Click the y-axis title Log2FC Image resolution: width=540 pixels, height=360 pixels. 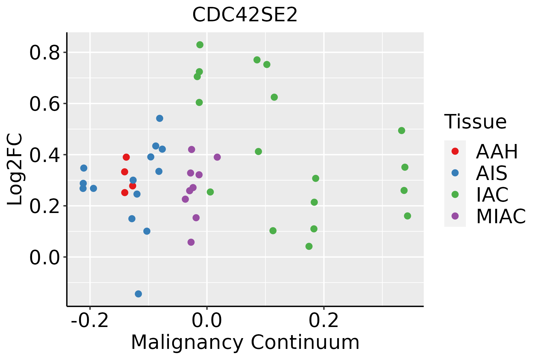pos(15,169)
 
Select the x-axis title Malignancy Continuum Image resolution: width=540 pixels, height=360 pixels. pos(245,342)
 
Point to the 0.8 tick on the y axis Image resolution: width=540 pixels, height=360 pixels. pos(44,53)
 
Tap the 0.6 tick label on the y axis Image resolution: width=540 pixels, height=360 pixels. pos(44,104)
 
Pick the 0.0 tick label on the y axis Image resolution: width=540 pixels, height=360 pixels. pos(44,257)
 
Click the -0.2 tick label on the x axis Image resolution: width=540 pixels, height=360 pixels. pos(89,320)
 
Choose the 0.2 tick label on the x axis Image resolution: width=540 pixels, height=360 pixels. pos(324,320)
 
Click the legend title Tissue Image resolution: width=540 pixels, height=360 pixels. pos(475,122)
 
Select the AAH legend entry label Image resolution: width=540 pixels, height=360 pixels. pos(497,151)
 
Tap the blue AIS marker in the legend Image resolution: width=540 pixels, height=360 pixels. pos(455,173)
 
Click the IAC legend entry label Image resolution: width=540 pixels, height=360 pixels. pos(492,194)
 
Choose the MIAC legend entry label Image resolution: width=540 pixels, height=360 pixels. pos(501,216)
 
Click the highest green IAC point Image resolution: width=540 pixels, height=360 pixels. pos(200,45)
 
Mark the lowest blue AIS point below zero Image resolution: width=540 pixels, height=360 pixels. pos(138,294)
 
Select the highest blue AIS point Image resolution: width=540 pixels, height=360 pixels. pos(160,118)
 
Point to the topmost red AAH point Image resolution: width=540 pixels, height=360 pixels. pos(126,157)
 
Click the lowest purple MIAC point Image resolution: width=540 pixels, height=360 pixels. pos(191,242)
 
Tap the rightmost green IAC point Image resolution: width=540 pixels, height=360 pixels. pos(407,216)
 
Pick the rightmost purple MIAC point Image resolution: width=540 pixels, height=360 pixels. pos(217,157)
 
